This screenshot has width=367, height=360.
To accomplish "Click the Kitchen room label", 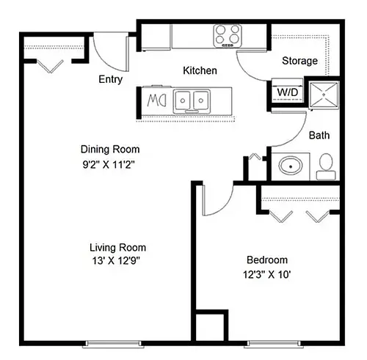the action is (200, 70).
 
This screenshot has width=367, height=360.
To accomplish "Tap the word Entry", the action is (110, 80).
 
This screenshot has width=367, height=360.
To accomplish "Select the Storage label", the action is (299, 61).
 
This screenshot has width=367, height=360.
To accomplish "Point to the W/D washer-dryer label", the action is (288, 92).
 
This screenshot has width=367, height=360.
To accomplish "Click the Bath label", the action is (319, 135).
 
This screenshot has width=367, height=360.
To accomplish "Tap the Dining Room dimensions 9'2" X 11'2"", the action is (109, 165).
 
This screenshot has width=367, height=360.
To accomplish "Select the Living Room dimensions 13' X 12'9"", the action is (116, 261).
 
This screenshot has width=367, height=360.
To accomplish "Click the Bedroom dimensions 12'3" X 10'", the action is (266, 275).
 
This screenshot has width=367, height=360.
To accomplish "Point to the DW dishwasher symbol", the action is (156, 100).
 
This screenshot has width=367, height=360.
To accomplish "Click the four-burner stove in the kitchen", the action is (228, 36).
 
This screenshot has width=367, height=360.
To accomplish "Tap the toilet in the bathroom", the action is (326, 166).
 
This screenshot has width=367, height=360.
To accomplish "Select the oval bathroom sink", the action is (291, 166).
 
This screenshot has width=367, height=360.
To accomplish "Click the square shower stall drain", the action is (324, 95).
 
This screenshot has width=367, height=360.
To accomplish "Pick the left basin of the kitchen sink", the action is (183, 100).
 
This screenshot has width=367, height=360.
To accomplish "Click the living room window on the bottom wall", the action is (113, 344).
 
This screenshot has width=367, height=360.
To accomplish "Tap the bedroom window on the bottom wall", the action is (274, 344).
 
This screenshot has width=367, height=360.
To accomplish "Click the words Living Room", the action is (117, 248).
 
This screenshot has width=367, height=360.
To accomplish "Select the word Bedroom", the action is (267, 260).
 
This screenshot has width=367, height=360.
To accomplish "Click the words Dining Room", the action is (110, 150).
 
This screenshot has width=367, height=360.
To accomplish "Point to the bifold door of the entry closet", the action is (50, 67).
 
